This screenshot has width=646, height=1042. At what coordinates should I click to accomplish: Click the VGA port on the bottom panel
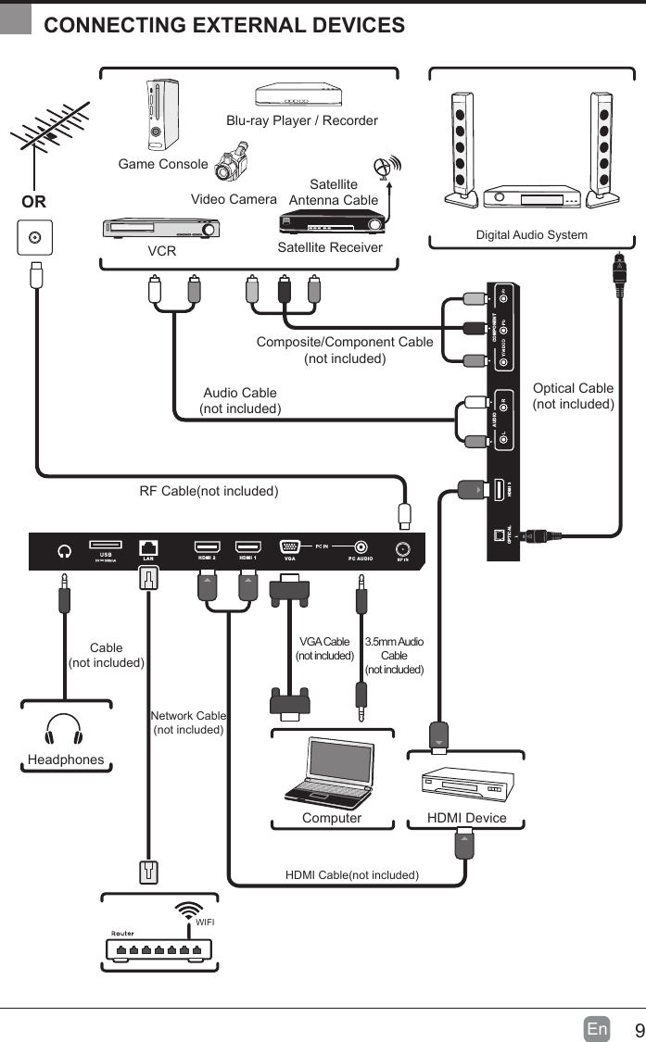pos(290,547)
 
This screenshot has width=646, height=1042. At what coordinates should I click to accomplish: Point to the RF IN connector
pos(403,547)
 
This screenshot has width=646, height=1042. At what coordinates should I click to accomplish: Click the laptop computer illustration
pos(328,772)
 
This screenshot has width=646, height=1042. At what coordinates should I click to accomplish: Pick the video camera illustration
pos(232,163)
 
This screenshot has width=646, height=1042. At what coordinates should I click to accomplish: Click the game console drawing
pos(162,115)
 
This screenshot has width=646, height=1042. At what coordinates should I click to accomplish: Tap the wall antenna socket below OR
pos(35,237)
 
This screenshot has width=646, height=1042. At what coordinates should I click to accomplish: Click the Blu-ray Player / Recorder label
pos(302,120)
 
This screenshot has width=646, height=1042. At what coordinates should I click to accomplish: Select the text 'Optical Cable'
pos(573,388)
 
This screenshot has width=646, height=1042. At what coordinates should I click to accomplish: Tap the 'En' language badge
pos(597,1029)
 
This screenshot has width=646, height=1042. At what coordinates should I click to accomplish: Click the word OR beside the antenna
pos(34,201)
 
